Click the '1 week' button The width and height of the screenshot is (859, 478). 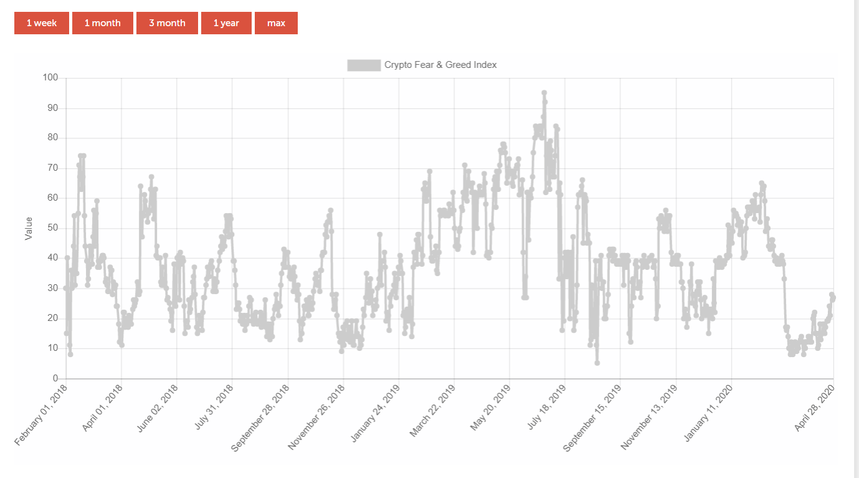pyautogui.click(x=42, y=23)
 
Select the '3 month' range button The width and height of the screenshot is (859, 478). pyautogui.click(x=167, y=23)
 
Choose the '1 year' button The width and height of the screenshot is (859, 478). pyautogui.click(x=226, y=23)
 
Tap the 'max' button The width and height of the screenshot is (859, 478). pyautogui.click(x=276, y=23)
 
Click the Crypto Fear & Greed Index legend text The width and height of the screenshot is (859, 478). pyautogui.click(x=440, y=65)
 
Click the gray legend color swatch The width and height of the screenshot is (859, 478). pyautogui.click(x=364, y=65)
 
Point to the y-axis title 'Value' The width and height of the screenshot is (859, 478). pyautogui.click(x=28, y=229)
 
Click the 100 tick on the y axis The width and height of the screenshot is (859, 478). pyautogui.click(x=50, y=78)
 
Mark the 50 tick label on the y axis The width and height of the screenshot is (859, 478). pyautogui.click(x=52, y=228)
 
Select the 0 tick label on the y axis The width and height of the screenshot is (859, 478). pyautogui.click(x=55, y=378)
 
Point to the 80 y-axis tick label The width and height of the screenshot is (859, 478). pyautogui.click(x=52, y=138)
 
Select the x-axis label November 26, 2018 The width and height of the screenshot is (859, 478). pyautogui.click(x=316, y=417)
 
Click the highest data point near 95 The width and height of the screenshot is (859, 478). pyautogui.click(x=544, y=93)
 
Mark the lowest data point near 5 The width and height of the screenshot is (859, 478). pyautogui.click(x=597, y=363)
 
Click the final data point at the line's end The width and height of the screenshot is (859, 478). pyautogui.click(x=833, y=297)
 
